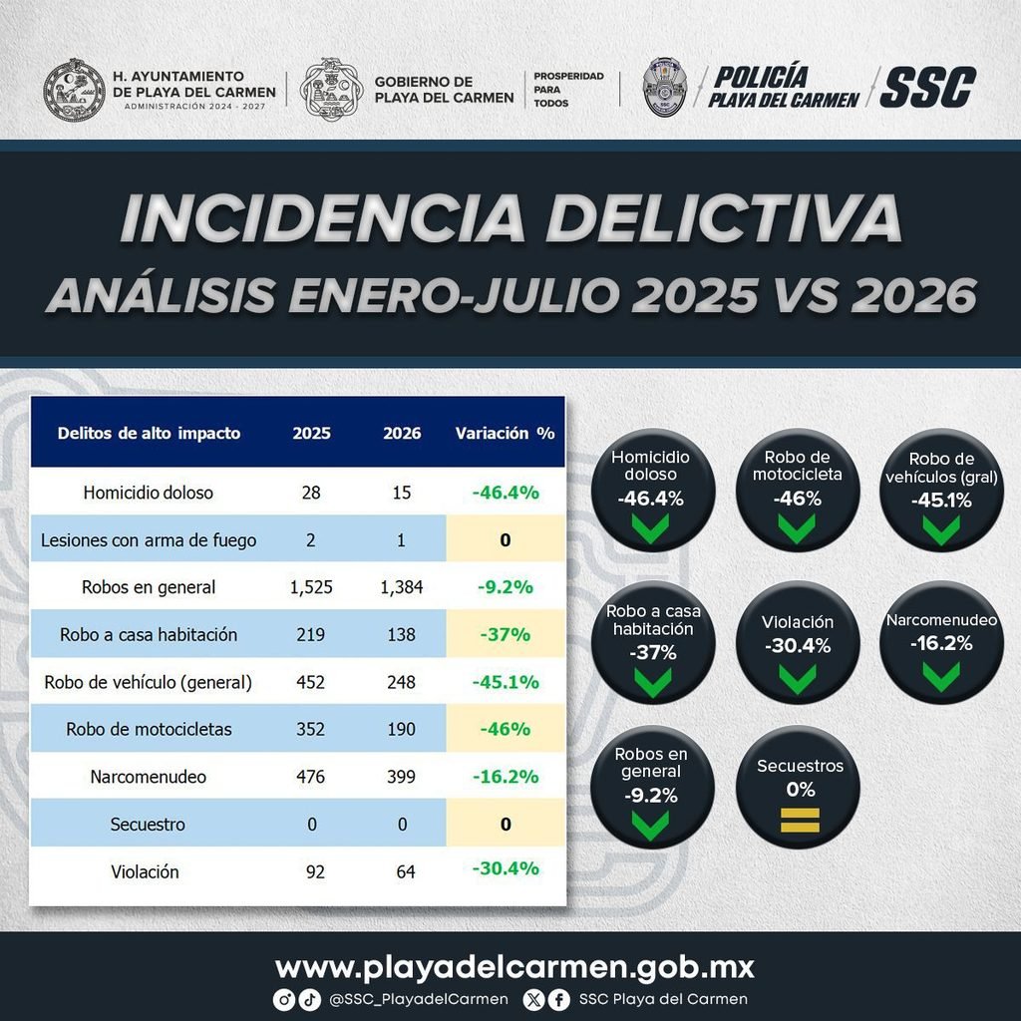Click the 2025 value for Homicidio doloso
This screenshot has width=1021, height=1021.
click(311, 493)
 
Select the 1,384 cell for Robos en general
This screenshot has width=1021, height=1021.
click(401, 587)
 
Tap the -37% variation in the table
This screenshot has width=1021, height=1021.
click(505, 634)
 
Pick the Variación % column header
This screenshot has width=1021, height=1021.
click(505, 433)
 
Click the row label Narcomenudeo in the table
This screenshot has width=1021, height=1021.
click(149, 777)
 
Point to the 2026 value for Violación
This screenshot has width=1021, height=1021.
click(406, 871)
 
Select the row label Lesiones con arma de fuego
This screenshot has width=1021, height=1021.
click(149, 540)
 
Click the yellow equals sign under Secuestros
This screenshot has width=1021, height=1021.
click(800, 821)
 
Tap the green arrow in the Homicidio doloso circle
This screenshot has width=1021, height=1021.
click(651, 528)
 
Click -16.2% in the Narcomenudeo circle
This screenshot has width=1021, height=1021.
click(941, 643)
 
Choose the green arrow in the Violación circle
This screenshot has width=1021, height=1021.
click(798, 678)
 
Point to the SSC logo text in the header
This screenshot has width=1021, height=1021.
click(927, 88)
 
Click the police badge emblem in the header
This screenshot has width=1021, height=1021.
click(664, 87)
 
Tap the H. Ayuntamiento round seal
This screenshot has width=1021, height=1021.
click(74, 90)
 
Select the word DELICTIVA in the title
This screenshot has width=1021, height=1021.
click(724, 217)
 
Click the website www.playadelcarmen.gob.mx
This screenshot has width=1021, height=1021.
click(514, 967)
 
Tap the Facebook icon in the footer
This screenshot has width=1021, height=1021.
click(558, 999)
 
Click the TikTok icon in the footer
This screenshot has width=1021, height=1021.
click(310, 999)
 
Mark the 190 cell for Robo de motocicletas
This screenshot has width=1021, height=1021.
click(401, 729)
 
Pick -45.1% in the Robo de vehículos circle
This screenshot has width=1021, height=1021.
click(941, 501)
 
